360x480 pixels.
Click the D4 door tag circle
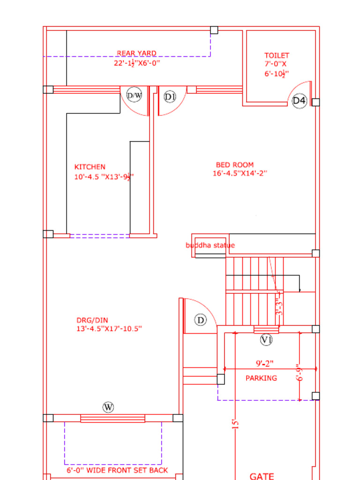300,101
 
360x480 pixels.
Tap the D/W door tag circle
135,96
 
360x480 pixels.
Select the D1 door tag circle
170,97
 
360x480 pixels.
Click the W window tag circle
108,407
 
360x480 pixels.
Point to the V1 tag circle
266,340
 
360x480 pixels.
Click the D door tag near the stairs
201,320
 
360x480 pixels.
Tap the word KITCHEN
90,167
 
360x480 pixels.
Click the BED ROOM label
235,165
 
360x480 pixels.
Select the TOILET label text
277,56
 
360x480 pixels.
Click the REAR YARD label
136,53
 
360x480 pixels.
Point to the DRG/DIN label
92,321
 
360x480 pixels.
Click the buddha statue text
210,245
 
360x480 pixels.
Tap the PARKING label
261,378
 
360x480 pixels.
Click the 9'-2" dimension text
264,363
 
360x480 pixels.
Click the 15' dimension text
236,424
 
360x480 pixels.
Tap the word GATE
262,476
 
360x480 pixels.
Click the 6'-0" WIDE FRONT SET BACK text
117,470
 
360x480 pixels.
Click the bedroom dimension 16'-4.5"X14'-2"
240,173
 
